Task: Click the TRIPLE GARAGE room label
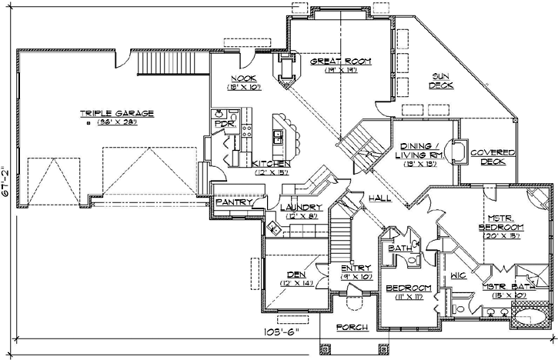tap(116, 113)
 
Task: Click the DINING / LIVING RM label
tap(421, 152)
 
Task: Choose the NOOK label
tap(243, 78)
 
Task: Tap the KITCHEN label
tap(270, 165)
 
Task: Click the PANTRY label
tap(230, 202)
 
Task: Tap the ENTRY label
tap(356, 268)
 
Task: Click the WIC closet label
tap(459, 274)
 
